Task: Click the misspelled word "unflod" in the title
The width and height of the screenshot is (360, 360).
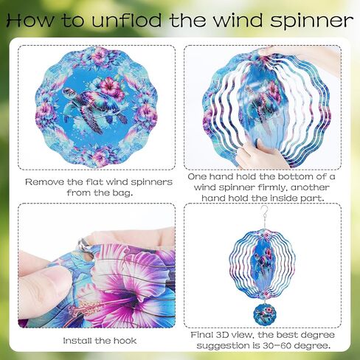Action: pyautogui.click(x=127, y=20)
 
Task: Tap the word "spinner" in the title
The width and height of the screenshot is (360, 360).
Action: pyautogui.click(x=312, y=21)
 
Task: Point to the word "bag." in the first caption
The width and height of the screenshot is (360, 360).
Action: pyautogui.click(x=122, y=193)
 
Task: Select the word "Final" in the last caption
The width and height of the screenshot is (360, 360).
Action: pyautogui.click(x=201, y=335)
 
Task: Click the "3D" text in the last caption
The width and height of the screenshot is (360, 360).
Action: pyautogui.click(x=222, y=335)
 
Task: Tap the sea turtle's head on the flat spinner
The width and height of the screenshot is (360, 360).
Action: pyautogui.click(x=67, y=92)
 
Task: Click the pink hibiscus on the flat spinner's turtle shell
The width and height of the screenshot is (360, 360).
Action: pyautogui.click(x=110, y=86)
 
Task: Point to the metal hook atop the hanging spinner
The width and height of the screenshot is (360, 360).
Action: pyautogui.click(x=264, y=211)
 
